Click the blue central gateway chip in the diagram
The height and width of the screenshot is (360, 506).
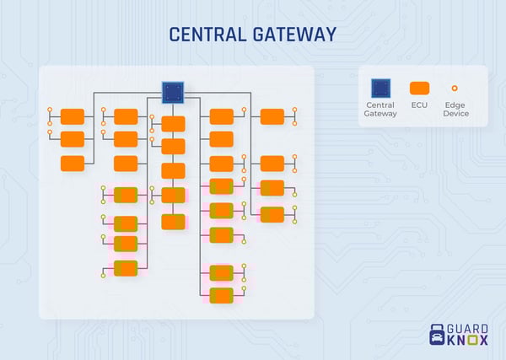click(x=173, y=93)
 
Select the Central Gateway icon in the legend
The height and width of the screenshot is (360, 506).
click(x=380, y=87)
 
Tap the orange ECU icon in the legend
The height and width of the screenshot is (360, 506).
click(x=419, y=87)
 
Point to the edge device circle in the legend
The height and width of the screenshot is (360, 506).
click(x=455, y=87)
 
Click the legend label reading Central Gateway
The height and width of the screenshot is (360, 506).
click(x=380, y=109)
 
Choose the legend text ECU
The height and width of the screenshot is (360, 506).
click(x=419, y=105)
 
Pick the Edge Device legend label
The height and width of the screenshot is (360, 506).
click(x=455, y=109)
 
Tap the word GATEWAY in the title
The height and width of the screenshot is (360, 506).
click(x=295, y=35)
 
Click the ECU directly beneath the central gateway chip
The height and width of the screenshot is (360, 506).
click(x=173, y=123)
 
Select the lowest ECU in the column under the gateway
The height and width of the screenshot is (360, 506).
click(x=173, y=222)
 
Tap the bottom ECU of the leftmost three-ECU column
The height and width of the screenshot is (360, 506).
click(x=73, y=164)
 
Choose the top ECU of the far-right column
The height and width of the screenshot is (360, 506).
click(x=272, y=116)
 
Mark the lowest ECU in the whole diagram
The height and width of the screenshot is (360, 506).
click(x=221, y=295)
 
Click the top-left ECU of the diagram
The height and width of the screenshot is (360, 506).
click(x=73, y=116)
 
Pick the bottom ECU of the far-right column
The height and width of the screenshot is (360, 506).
click(x=272, y=214)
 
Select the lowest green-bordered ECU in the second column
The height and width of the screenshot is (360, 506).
click(x=126, y=268)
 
